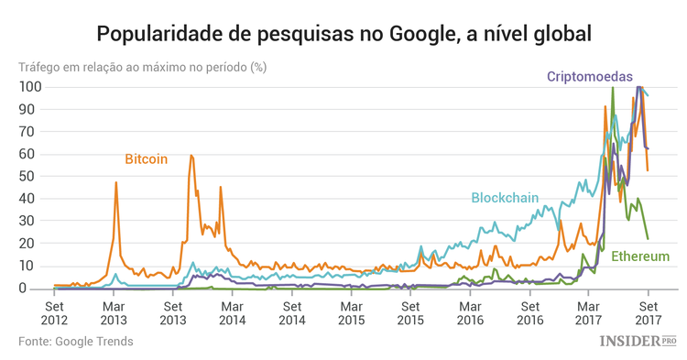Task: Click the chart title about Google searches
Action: [343, 34]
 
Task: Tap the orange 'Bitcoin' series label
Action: [147, 158]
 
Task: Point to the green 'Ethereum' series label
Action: [640, 256]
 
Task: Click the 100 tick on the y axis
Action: [29, 87]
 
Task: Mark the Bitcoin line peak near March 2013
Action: [116, 182]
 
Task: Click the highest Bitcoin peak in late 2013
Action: [191, 156]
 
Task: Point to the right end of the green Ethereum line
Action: [648, 239]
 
